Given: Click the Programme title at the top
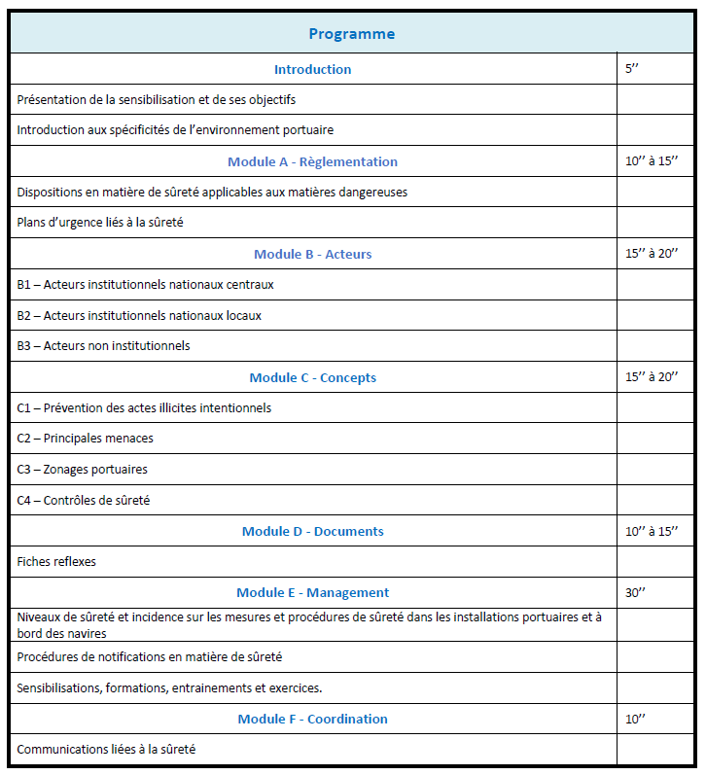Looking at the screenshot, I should coord(351,34).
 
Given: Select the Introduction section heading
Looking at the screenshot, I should coord(312,69).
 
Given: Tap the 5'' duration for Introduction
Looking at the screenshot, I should coord(633,69).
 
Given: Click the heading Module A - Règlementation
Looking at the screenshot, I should coord(312,161).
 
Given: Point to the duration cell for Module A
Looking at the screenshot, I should coord(652,161).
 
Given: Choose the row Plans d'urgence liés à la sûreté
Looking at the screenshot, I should coord(100,223).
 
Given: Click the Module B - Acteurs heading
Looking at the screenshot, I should coord(312,254).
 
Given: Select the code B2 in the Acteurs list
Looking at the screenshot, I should coord(25,315).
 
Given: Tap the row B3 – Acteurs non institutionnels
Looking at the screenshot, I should coord(104,346).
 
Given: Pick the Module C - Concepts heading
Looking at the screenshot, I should coord(312,377).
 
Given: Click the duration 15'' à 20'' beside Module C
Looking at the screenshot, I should coord(652,377).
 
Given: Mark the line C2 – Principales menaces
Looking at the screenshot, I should coord(86,439).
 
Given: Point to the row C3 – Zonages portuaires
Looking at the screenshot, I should coord(83,470).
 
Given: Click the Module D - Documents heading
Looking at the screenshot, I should coord(312,531).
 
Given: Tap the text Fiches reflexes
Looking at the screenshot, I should coord(56,562).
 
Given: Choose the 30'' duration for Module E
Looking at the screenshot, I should coord(636,592).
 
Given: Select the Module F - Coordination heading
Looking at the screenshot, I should coord(312,719).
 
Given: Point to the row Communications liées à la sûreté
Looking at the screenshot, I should coord(112,750).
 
